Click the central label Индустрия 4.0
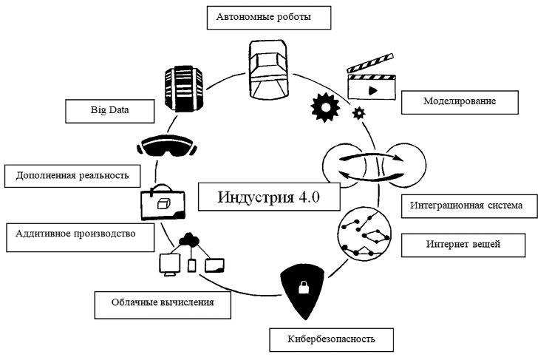coord(269,197)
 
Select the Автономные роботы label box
coord(263,16)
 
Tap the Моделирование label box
coord(459,101)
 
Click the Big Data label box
coord(108,111)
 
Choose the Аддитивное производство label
coord(75,234)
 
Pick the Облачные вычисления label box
coord(160,302)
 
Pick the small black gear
coord(359,113)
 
